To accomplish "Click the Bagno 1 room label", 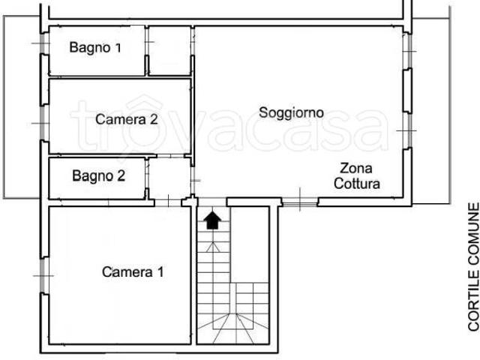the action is (95, 48).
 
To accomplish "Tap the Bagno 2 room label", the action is (98, 176).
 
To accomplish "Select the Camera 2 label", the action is (127, 119).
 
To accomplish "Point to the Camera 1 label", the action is (133, 271).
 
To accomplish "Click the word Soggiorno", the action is (291, 113).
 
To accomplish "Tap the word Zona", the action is (356, 168).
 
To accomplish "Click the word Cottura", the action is (357, 184).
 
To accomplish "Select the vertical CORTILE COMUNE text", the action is (473, 267).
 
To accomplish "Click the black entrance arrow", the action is (213, 220).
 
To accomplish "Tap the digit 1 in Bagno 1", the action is (118, 47).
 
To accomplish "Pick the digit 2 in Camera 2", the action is (154, 119).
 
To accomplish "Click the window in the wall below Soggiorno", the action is (300, 202).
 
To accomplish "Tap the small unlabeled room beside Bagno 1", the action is (169, 50).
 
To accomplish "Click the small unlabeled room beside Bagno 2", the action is (169, 178).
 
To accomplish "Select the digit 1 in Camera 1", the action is (160, 271).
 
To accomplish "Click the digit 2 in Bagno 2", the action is (121, 176).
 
